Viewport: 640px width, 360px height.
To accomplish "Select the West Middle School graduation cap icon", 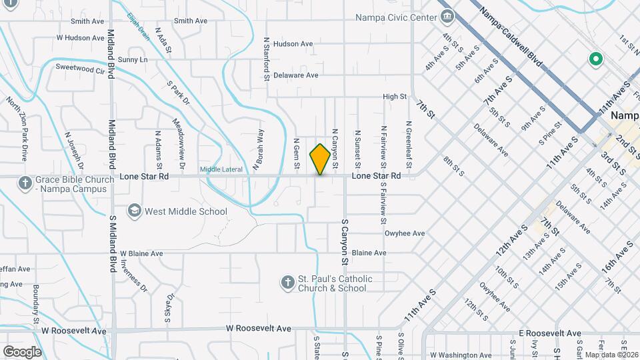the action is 135,211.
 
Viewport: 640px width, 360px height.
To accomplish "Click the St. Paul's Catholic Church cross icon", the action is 287,283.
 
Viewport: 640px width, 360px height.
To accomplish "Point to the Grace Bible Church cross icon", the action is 25,183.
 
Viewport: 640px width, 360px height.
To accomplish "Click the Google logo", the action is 22,352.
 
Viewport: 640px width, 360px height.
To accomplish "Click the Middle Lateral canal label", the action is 221,169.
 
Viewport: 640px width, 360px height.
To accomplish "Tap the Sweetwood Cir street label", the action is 81,68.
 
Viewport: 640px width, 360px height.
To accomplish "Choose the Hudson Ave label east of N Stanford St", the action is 293,44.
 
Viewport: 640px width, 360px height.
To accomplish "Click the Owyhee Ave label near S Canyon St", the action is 405,233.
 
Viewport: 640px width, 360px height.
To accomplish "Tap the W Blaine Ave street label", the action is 138,253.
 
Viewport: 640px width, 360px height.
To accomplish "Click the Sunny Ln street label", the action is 133,60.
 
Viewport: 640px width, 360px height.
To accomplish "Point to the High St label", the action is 395,97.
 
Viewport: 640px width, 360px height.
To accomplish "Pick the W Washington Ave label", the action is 460,355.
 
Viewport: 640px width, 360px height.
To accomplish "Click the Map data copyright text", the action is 608,355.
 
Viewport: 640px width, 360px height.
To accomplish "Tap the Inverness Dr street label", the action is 133,276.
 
